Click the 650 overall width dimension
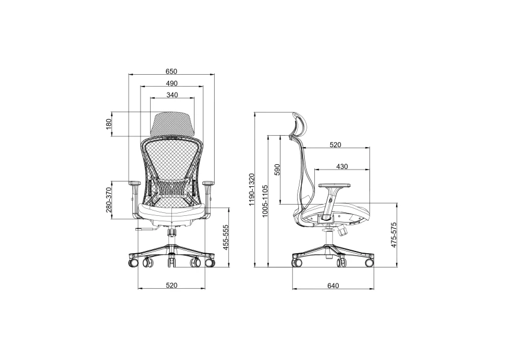pyautogui.click(x=171, y=71)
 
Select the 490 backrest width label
pyautogui.click(x=172, y=83)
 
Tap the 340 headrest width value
pyautogui.click(x=172, y=95)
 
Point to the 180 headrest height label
pyautogui.click(x=109, y=124)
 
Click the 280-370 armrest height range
pyautogui.click(x=109, y=200)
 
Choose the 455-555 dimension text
pyautogui.click(x=226, y=237)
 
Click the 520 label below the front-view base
pyautogui.click(x=172, y=285)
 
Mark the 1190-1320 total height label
pyautogui.click(x=251, y=190)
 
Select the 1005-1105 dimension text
pyautogui.click(x=264, y=201)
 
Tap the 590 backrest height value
pyautogui.click(x=277, y=170)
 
